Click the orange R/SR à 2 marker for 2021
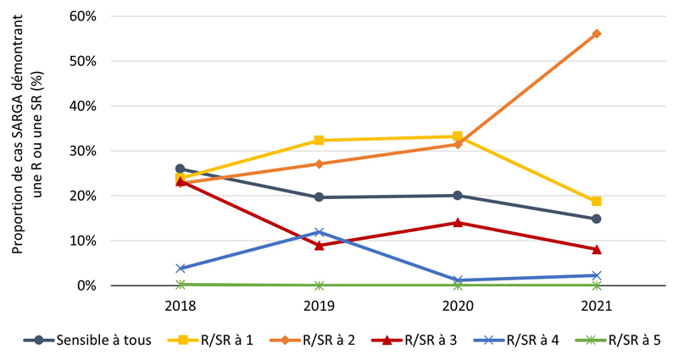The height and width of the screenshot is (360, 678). click(597, 34)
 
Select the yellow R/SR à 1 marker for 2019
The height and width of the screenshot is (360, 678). click(319, 141)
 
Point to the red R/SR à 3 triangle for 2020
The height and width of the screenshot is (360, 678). click(458, 223)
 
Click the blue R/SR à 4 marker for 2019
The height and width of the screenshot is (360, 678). click(319, 232)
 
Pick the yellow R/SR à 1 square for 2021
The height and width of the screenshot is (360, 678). click(597, 202)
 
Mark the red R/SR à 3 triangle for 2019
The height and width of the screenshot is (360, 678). click(319, 246)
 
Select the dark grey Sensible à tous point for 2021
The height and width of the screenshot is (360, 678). click(597, 219)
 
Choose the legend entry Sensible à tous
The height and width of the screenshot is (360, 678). click(92, 341)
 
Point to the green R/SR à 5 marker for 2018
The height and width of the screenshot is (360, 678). click(180, 285)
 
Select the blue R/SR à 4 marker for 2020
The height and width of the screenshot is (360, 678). click(458, 280)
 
